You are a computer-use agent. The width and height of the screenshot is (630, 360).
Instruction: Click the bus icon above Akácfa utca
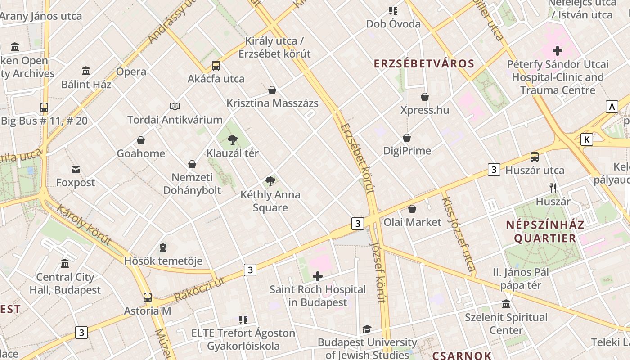216,66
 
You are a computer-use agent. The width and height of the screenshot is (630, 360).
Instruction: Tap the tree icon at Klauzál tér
233,140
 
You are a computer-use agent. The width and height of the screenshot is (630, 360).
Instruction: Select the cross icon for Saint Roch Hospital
318,276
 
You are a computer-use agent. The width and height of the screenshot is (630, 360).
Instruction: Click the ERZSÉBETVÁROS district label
424,63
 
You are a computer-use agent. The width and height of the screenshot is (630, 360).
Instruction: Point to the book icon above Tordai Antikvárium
175,107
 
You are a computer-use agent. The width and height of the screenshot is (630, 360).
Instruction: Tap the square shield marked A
612,107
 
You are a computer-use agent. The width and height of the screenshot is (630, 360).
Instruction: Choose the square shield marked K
587,139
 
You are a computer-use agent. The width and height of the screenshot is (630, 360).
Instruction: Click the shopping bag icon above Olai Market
412,209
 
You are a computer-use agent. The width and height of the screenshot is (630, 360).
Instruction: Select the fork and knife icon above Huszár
553,188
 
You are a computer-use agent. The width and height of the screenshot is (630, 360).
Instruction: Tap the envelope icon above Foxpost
76,170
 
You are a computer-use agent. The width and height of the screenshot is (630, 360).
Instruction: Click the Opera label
131,72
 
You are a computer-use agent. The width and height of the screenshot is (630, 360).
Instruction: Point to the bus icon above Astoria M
148,297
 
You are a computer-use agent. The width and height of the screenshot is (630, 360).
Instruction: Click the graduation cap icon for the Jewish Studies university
367,329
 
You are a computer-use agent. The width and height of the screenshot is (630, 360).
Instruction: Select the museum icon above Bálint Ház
86,71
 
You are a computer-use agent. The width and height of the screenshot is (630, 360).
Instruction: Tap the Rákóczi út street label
199,289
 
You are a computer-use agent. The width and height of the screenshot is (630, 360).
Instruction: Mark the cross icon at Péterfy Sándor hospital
558,51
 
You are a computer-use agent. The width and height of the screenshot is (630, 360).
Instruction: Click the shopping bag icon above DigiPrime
407,138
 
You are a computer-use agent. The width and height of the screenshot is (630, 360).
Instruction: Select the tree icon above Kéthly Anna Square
270,182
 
